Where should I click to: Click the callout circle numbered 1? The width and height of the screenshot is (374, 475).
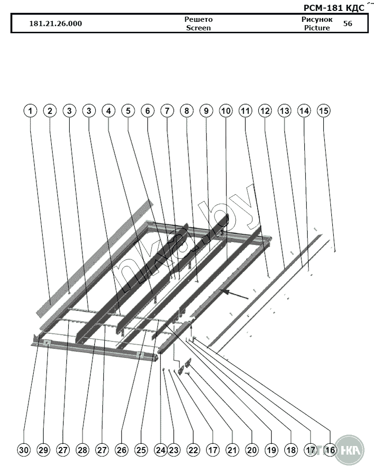point(30,111)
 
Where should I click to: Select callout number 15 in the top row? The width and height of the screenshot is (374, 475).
point(324,111)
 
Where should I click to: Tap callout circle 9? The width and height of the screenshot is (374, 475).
point(206,111)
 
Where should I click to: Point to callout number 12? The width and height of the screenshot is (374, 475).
point(265,111)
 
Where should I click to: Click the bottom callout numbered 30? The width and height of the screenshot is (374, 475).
point(24,450)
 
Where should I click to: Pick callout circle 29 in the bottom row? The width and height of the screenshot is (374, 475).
point(43,450)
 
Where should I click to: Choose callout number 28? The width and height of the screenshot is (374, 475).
point(82,450)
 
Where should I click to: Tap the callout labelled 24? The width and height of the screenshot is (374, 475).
point(160,450)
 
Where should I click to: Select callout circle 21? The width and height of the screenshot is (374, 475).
point(232,450)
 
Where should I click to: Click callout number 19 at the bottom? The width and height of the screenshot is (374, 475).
point(271,450)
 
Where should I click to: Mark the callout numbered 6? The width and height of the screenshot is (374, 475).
point(148,111)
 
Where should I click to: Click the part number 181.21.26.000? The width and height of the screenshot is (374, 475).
point(56,24)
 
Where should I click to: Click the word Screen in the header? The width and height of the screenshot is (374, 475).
point(198,28)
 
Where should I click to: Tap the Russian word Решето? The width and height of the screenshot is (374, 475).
point(198,19)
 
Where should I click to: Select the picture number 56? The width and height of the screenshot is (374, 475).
point(348,24)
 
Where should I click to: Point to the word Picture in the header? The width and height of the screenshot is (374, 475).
point(317,28)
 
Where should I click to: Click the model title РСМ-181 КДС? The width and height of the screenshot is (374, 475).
point(334,8)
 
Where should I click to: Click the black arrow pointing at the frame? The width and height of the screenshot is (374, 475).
point(235,294)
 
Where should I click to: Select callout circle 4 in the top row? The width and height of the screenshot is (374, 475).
point(109,111)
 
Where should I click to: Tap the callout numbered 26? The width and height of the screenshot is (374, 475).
point(122,450)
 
